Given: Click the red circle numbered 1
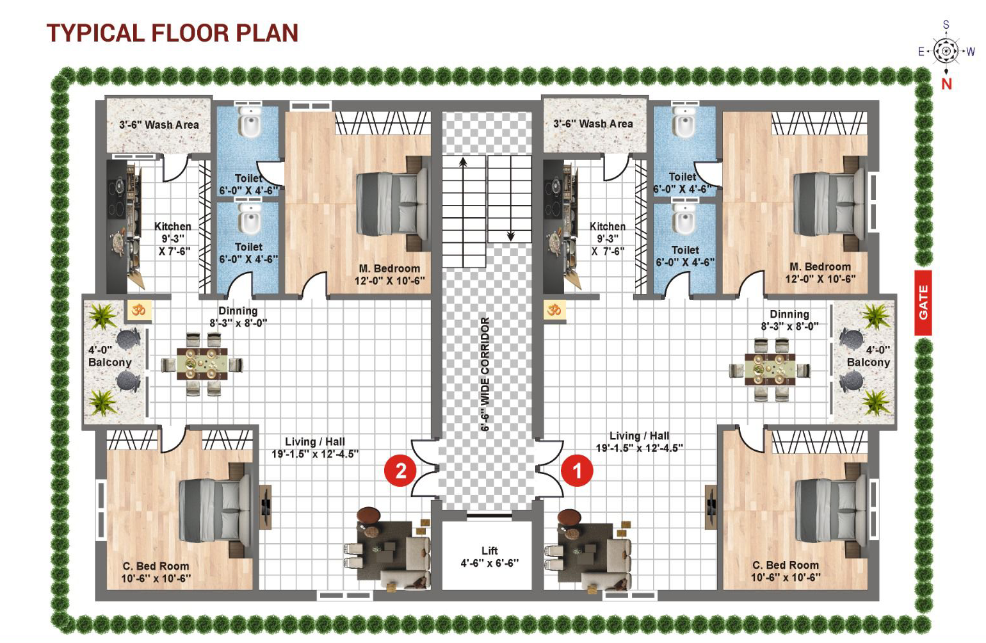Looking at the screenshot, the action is tap(577, 470).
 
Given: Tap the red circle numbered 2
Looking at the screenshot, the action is tap(401, 470).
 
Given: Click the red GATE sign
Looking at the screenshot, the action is tap(923, 302).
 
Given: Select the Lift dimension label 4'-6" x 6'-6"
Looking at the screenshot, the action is tap(489, 563).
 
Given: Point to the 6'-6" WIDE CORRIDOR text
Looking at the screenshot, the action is tap(485, 374).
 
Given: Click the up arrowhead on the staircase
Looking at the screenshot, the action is tap(463, 163).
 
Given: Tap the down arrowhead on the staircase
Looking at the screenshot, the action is tap(511, 236).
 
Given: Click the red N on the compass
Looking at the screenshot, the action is tap(946, 84).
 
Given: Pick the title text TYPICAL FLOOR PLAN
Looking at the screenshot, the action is tap(173, 33).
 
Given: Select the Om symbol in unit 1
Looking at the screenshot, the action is tap(554, 309).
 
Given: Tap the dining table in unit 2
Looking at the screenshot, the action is tap(202, 364).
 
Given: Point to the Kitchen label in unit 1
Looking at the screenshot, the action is tap(608, 226).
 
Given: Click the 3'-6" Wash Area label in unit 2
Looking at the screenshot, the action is tap(159, 125).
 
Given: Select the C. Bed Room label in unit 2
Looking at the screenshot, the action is tap(156, 566).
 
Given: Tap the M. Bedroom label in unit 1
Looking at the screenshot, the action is tap(820, 267).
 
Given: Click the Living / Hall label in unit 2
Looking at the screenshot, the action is tap(315, 441).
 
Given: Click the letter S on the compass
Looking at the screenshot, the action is tap(946, 25).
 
